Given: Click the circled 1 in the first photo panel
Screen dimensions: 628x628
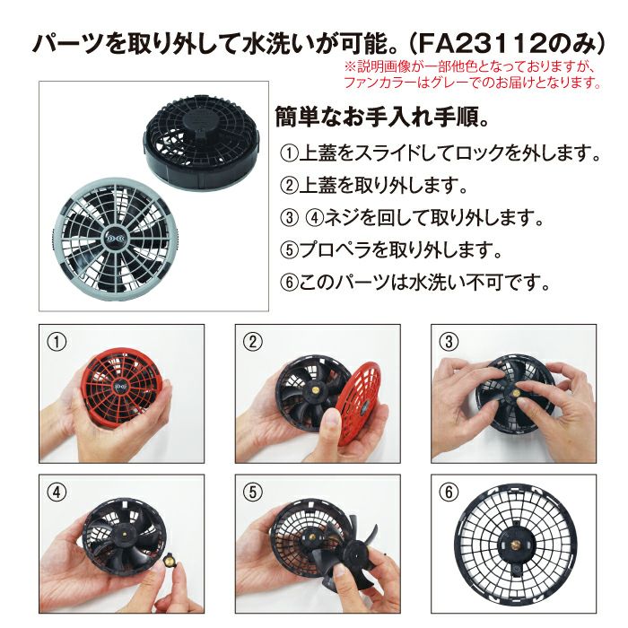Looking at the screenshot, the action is point(57,342).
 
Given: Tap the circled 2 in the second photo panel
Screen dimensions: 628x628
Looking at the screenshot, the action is point(253,342).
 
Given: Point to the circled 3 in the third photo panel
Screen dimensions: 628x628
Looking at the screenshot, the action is point(449,342).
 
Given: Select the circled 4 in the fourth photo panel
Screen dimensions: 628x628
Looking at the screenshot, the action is point(57,493).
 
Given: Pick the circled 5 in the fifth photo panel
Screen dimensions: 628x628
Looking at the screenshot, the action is point(253,493).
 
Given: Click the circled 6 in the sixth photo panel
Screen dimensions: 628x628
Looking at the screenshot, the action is point(449,493).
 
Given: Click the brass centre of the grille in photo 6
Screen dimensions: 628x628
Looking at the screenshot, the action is point(515,545).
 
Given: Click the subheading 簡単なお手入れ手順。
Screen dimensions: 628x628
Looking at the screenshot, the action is point(381,118).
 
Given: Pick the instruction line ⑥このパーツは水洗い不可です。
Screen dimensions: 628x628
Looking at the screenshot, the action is point(414,283).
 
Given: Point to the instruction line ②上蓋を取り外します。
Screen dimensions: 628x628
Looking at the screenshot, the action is point(374,186).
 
